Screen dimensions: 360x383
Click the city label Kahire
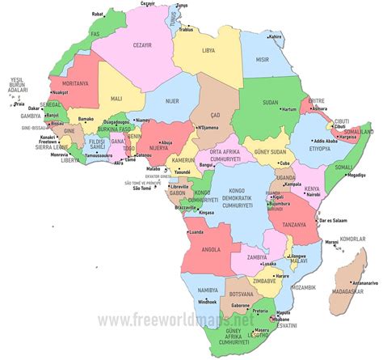pyautogui.click(x=276, y=36)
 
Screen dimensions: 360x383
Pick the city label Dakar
pyautogui.click(x=36, y=107)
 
